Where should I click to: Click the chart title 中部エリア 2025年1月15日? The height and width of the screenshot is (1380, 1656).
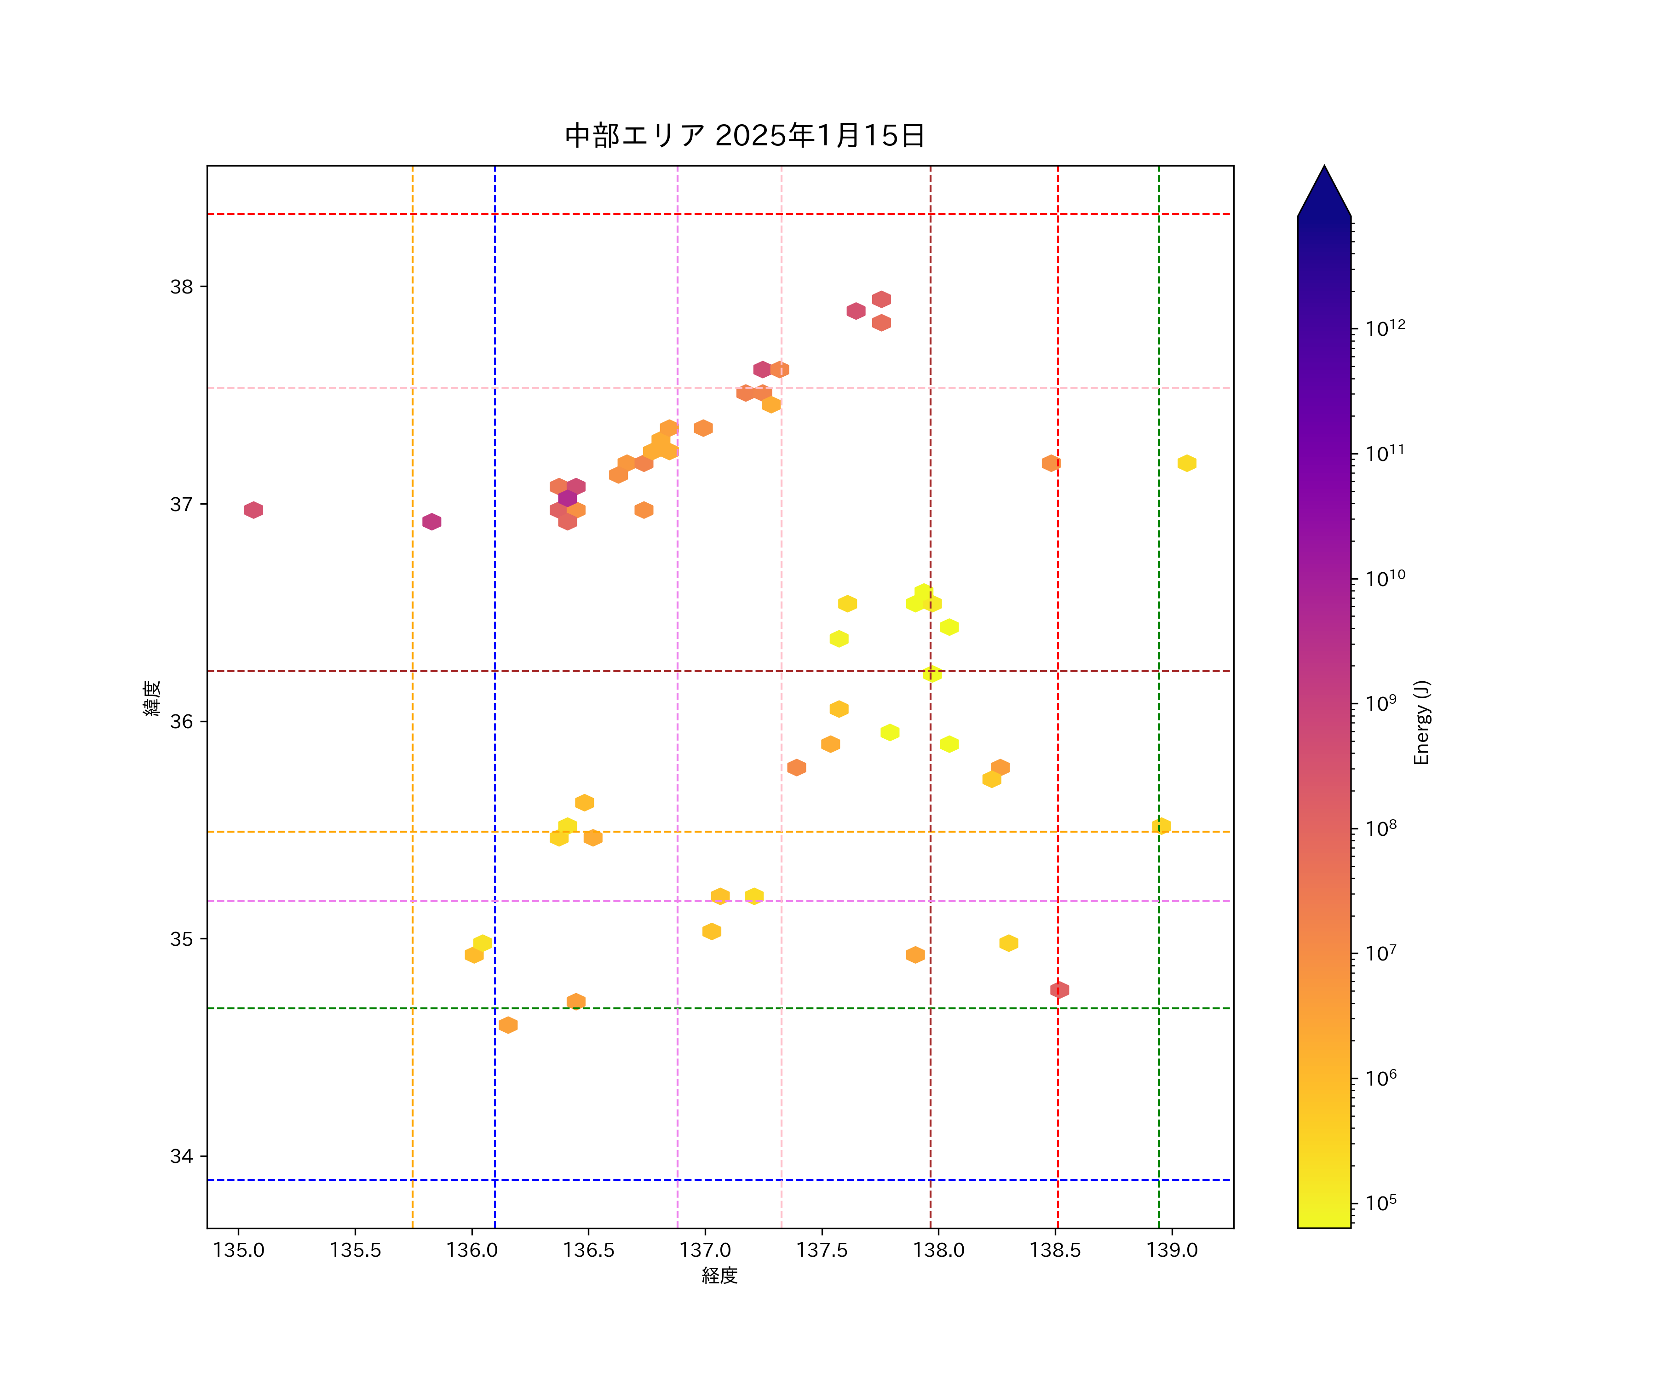pos(744,136)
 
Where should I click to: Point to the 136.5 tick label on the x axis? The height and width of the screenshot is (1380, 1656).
pos(588,1251)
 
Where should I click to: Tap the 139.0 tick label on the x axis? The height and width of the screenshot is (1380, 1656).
pos(1172,1251)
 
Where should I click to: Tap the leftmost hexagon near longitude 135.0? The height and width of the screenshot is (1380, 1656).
pos(253,510)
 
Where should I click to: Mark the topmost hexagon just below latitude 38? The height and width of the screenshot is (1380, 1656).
pos(882,299)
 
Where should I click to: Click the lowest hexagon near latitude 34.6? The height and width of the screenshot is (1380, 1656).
pos(508,1025)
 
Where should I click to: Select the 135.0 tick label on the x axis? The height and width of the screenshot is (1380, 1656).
pos(239,1251)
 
